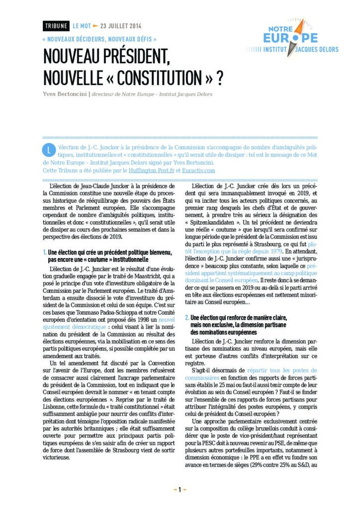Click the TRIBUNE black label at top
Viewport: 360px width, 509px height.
coord(56,26)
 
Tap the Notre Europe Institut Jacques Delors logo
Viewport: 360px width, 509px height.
coord(292,38)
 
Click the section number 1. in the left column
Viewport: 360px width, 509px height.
coord(45,253)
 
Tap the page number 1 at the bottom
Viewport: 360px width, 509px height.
coord(180,489)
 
